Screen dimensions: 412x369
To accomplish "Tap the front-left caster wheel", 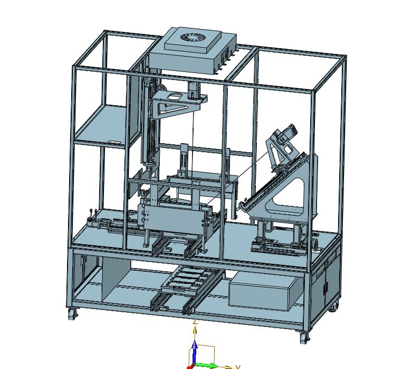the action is [72, 313].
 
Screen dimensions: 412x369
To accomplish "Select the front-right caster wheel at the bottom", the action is [304, 338].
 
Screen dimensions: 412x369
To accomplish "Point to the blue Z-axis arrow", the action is [195, 352].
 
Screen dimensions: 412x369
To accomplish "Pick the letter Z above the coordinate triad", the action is [195, 322].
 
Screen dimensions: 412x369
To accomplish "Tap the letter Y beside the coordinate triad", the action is [238, 367].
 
